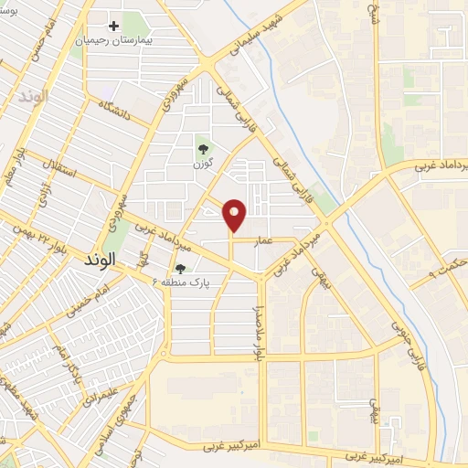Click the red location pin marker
click(x=235, y=215)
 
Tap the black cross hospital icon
click(x=113, y=27)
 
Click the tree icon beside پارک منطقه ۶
click(x=180, y=269)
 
